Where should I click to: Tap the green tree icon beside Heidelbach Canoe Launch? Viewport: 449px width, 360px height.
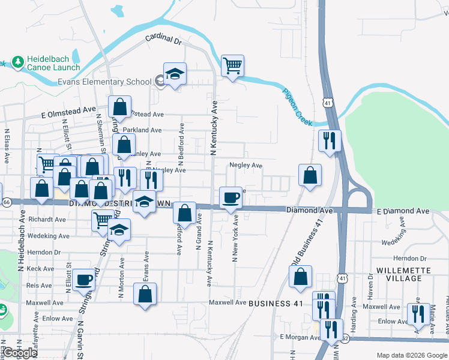coord(17,62)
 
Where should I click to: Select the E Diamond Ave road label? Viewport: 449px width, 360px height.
coord(403,211)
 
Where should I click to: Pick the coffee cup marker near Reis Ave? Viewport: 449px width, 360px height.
coord(84,279)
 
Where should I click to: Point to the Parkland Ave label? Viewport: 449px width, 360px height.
coord(142,130)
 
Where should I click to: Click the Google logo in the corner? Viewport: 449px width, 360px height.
coord(20,353)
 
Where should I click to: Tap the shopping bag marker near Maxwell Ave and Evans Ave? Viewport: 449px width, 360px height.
coord(145,295)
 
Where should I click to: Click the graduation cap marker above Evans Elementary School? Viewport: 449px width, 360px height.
coord(175,74)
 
